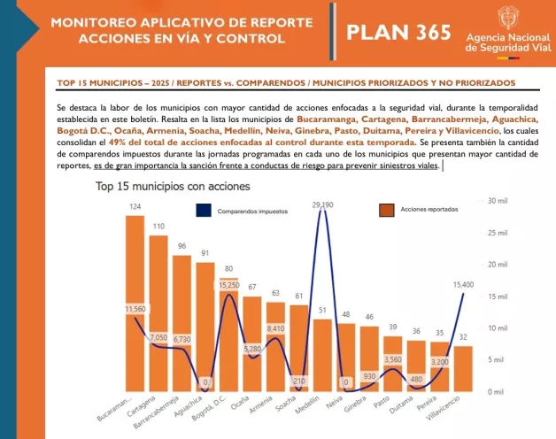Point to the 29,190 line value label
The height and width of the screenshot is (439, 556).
point(322,205)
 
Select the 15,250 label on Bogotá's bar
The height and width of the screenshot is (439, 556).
point(228,285)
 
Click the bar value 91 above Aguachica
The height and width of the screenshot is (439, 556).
point(205,253)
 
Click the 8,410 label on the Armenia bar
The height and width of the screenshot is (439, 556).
point(275,328)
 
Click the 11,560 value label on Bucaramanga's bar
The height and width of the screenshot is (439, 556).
point(135,308)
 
